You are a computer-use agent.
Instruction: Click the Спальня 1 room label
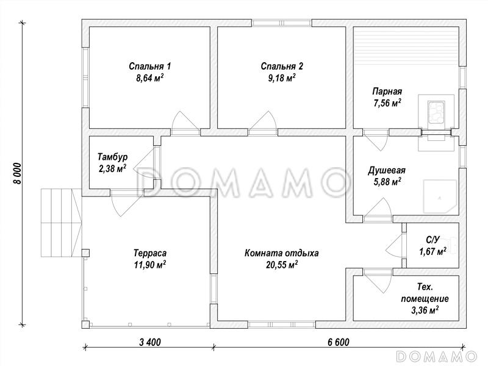pyautogui.click(x=149, y=66)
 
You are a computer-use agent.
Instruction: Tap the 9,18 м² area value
pyautogui.click(x=282, y=78)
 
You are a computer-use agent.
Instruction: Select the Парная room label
pyautogui.click(x=387, y=91)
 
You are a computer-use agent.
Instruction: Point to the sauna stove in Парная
pyautogui.click(x=436, y=112)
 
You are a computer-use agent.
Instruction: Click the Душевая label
pyautogui.click(x=387, y=171)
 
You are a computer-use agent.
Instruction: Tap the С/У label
pyautogui.click(x=432, y=240)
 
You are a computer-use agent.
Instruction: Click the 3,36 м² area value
pyautogui.click(x=425, y=310)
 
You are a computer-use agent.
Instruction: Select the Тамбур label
pyautogui.click(x=112, y=157)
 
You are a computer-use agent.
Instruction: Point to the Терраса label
pyautogui.click(x=150, y=253)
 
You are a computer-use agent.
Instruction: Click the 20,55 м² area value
pyautogui.click(x=282, y=265)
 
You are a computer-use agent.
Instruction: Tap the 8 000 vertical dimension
pyautogui.click(x=18, y=173)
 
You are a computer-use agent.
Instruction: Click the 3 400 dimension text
pyautogui.click(x=150, y=342)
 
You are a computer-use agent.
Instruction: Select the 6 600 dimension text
pyautogui.click(x=339, y=342)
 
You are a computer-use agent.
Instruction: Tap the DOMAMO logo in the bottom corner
pyautogui.click(x=437, y=356)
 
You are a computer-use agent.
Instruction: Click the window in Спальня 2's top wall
pyautogui.click(x=282, y=23)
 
